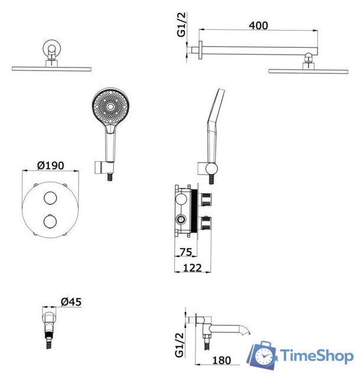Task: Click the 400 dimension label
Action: [x=258, y=25]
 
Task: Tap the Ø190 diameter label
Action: [x=51, y=165]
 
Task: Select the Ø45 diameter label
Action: [x=71, y=302]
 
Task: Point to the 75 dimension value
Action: [x=186, y=252]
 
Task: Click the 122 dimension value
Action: [x=192, y=268]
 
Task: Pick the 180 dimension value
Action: [x=222, y=360]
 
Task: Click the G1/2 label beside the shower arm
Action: [x=181, y=25]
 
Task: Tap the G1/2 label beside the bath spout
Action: [x=180, y=345]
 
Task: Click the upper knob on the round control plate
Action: [x=50, y=198]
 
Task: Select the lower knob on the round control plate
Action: [x=50, y=221]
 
